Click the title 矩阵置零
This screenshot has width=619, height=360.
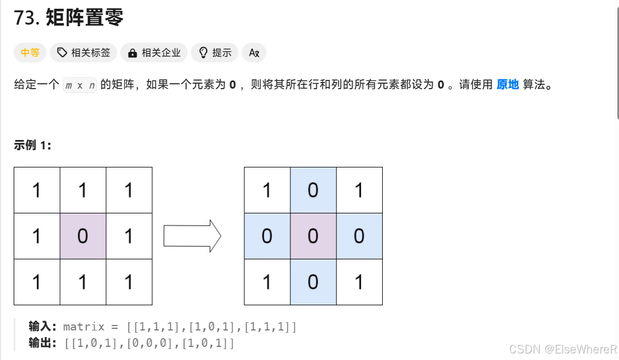point(85,18)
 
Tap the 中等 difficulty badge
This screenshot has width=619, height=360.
point(30,53)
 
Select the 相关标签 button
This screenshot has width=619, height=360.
point(83,53)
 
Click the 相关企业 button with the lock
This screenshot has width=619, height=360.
point(154,53)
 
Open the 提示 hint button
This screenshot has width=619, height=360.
point(215,53)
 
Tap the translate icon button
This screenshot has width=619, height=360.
point(254,53)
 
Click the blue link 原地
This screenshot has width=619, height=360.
point(507,85)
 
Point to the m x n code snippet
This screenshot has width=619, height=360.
point(80,85)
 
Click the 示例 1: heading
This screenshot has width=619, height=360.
point(33,145)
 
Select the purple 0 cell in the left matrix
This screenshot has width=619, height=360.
point(83,236)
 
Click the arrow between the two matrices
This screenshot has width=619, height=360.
point(192,236)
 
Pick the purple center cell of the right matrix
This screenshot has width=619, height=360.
point(313,236)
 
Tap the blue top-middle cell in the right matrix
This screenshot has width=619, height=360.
point(313,190)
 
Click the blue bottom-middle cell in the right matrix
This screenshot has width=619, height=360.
point(313,282)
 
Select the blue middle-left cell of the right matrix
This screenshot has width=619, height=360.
point(267,236)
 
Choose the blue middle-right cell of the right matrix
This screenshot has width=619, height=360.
point(359,236)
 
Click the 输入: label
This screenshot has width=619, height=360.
point(43,327)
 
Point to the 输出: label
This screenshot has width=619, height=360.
point(43,344)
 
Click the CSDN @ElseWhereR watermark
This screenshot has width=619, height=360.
point(563,349)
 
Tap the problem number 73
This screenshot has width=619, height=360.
point(25,18)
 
